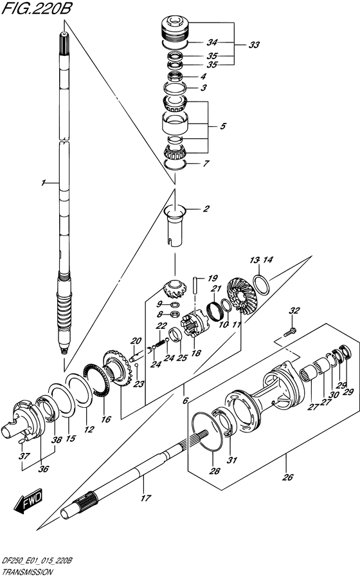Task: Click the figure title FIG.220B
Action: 36,9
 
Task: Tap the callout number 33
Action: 254,45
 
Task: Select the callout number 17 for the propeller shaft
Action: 146,498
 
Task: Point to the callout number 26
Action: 288,477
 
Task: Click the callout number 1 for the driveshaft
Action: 44,183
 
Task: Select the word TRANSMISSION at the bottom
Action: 27,573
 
